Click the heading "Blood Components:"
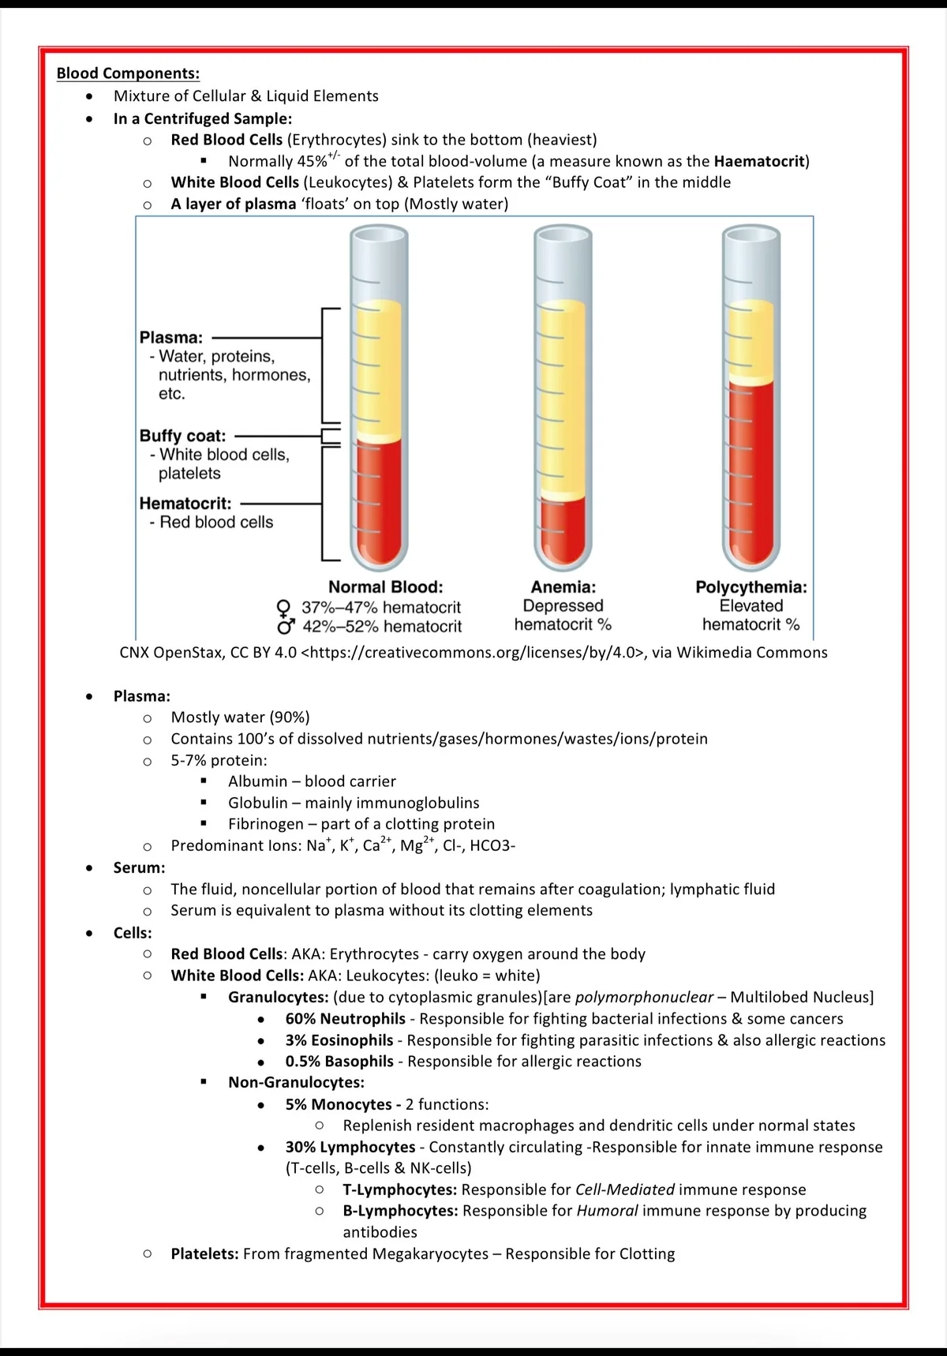128,73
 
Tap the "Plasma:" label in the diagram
170,337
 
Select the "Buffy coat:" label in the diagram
182,436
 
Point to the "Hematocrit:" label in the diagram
185,504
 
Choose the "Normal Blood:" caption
385,587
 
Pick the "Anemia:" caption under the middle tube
563,587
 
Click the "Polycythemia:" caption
750,587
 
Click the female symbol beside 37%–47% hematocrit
284,608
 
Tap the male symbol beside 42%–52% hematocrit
285,627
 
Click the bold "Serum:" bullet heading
139,867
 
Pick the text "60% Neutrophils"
345,1019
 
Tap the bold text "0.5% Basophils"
339,1062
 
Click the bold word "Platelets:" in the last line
204,1253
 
